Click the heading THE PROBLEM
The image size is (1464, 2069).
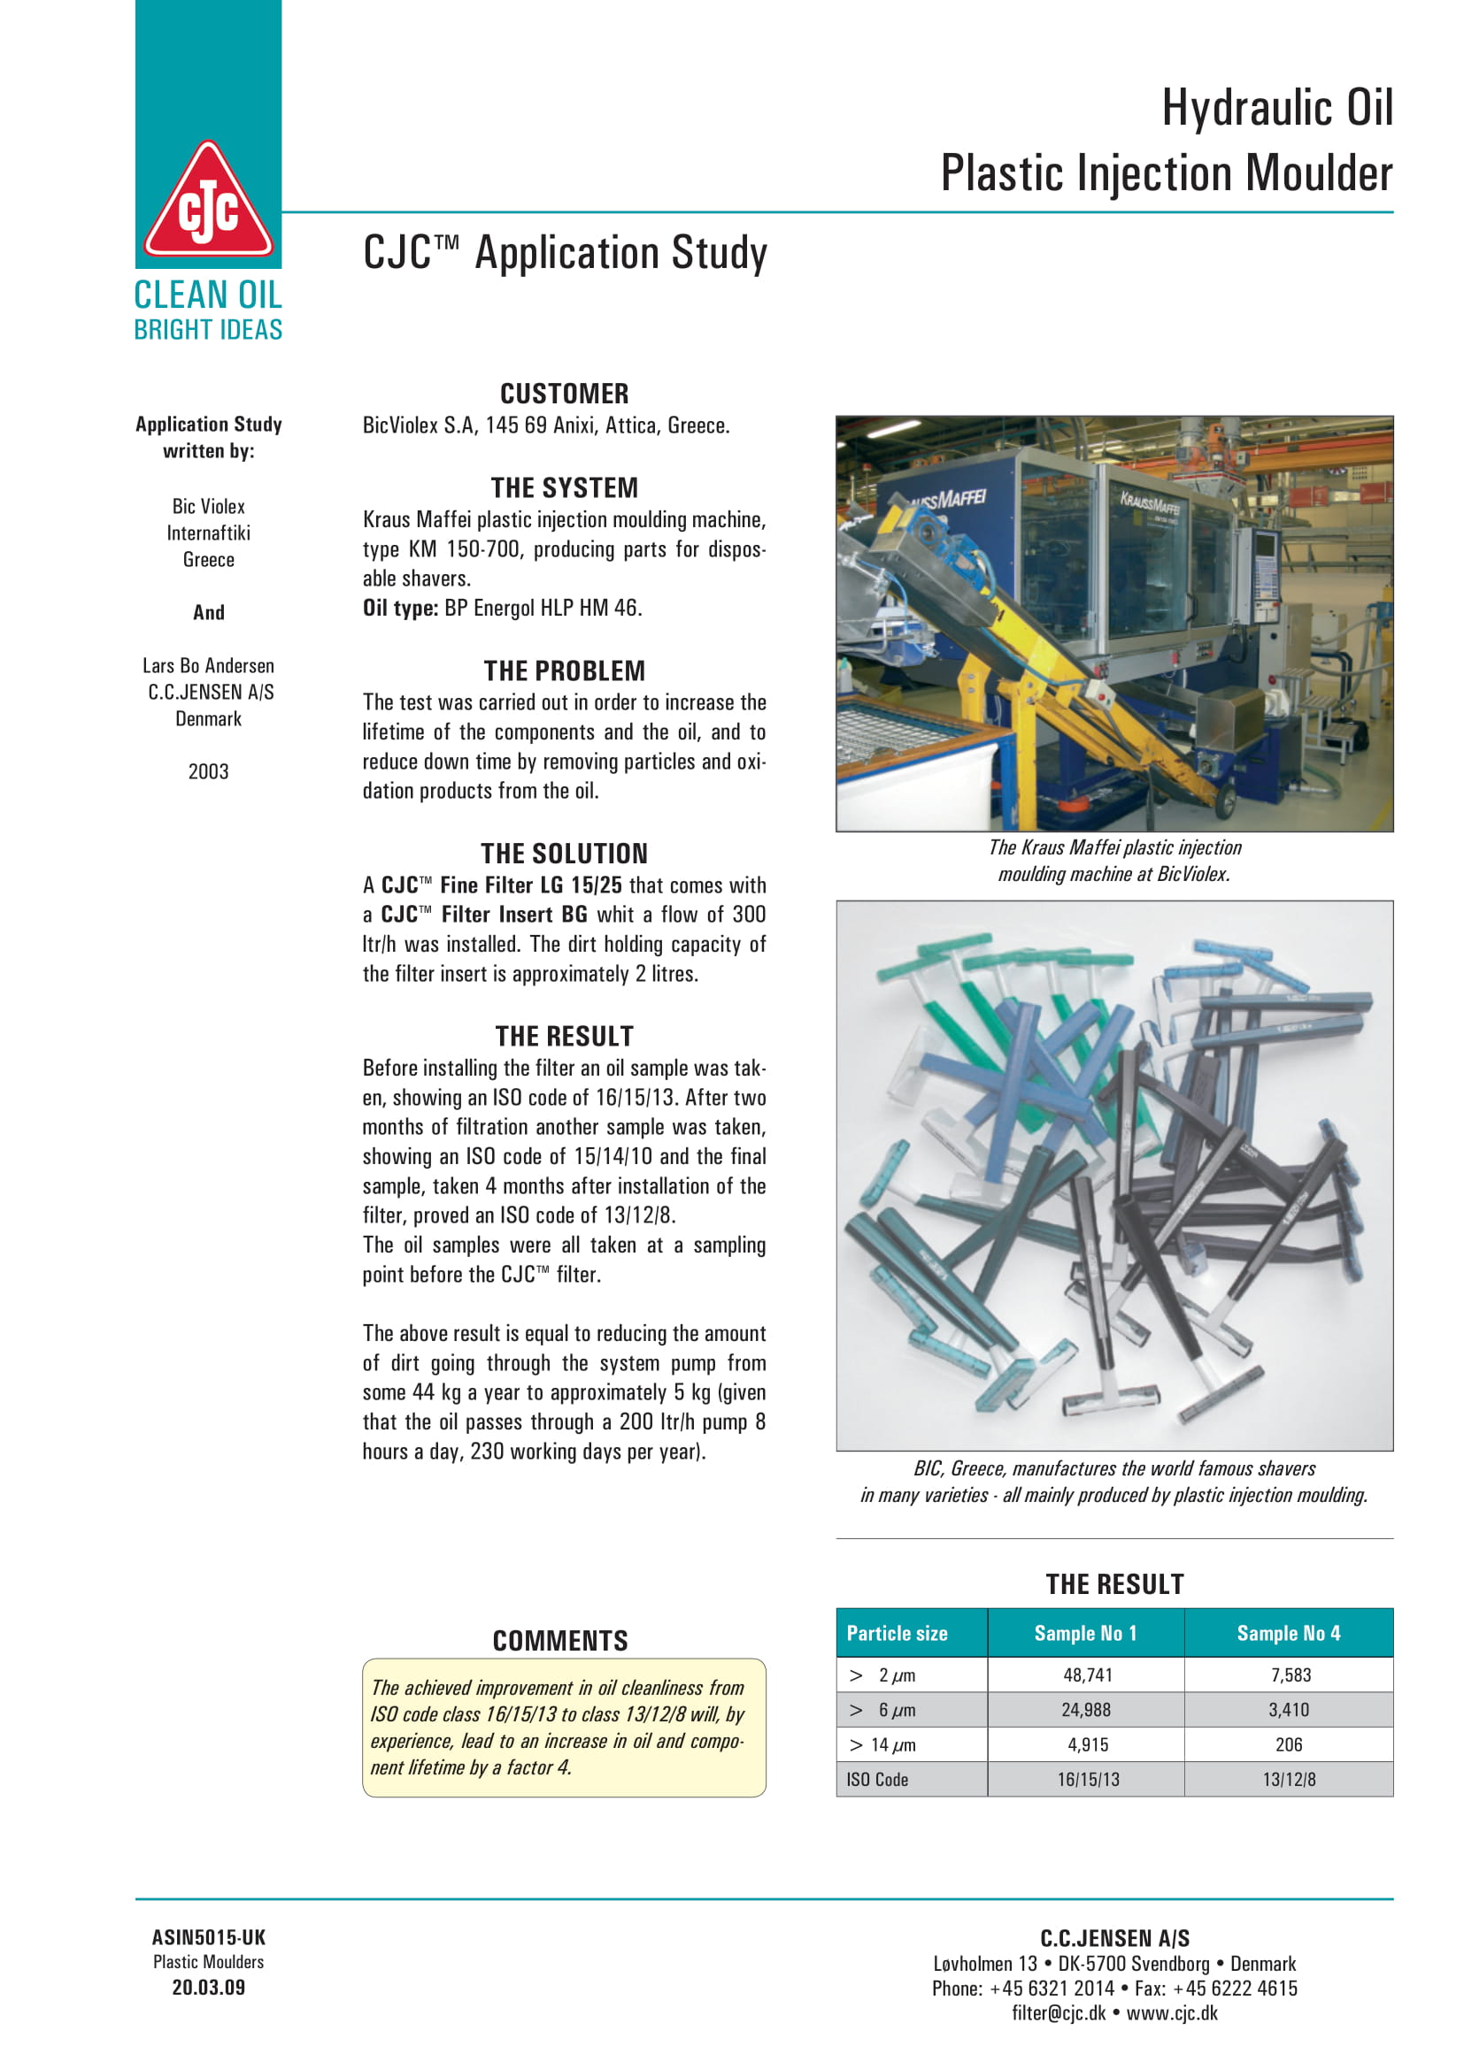[565, 671]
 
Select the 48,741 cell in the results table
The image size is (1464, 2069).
[1087, 1675]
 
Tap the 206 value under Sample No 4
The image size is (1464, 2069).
[1288, 1744]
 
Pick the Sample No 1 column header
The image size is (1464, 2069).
[1085, 1633]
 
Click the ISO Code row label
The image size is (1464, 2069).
[877, 1780]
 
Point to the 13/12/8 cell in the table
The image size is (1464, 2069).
[1288, 1780]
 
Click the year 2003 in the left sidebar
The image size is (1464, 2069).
[208, 771]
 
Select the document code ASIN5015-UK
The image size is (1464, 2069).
[208, 1937]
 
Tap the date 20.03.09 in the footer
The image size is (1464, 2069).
[208, 1988]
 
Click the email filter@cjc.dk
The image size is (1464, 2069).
[1059, 2013]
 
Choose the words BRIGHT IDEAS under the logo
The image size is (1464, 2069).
[208, 330]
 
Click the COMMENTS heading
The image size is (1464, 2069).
[559, 1641]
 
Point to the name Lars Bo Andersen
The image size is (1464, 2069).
[208, 666]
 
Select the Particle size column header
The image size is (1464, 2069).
[897, 1633]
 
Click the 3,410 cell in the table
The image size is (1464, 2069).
[1288, 1710]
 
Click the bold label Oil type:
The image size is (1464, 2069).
[400, 609]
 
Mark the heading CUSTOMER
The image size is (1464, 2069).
[565, 394]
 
